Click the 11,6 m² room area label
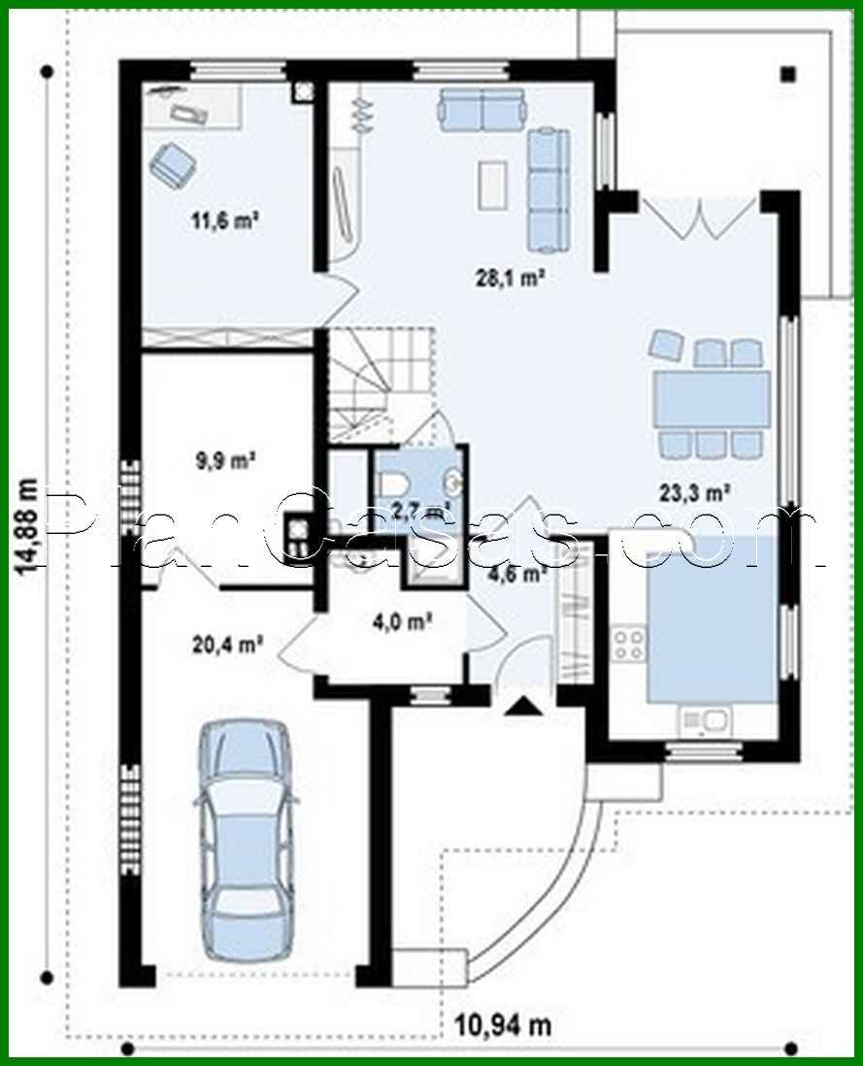(x=225, y=219)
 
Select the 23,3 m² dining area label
(x=695, y=493)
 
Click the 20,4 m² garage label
(x=230, y=642)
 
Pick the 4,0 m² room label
(x=401, y=620)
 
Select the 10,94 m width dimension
(x=503, y=1023)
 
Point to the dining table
(x=711, y=399)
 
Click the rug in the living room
(x=492, y=184)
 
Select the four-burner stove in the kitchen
(x=628, y=647)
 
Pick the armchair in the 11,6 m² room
(x=172, y=163)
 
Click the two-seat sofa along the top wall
(x=481, y=110)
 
